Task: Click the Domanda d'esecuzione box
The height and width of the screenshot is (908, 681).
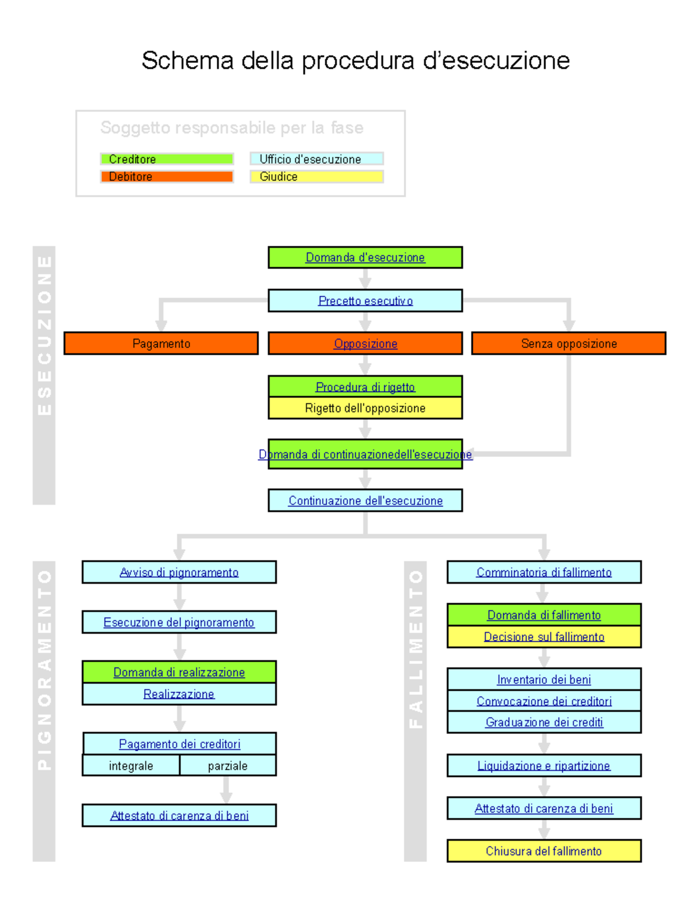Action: point(365,257)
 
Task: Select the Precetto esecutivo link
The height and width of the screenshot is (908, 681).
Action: point(365,301)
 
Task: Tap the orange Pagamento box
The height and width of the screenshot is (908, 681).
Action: point(161,343)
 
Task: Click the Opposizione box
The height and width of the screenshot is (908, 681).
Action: point(365,343)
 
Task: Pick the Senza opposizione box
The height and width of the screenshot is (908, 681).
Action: point(569,343)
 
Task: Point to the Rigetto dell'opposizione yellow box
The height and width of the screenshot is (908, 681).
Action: point(365,408)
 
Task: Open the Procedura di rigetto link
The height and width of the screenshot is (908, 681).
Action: point(365,387)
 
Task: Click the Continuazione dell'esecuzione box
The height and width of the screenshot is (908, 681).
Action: point(365,501)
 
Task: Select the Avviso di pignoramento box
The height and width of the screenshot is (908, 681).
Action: point(179,572)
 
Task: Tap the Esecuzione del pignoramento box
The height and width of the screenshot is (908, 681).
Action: point(179,622)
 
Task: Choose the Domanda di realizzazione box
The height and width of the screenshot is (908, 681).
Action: point(179,672)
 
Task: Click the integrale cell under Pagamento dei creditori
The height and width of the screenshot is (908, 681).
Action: point(131,766)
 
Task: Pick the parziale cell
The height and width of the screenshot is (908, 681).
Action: point(228,766)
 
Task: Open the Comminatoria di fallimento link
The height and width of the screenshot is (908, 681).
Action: point(544,572)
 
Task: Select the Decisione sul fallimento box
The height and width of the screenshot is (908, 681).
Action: point(544,637)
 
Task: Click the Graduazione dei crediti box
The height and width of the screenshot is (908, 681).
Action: point(544,722)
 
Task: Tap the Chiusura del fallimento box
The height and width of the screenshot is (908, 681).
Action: point(544,851)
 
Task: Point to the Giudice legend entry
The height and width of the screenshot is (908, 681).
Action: point(317,176)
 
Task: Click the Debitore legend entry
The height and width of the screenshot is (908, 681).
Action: point(167,176)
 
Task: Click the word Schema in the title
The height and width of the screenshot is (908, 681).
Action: point(187,61)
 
